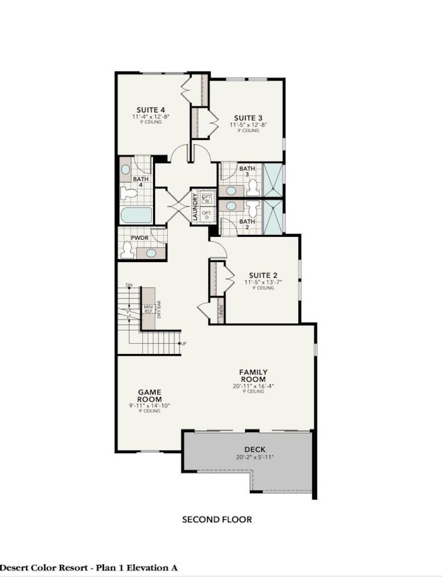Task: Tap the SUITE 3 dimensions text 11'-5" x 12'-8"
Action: click(247, 124)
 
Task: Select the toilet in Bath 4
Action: click(128, 193)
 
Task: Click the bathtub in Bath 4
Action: click(136, 215)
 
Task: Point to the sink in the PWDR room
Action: click(151, 252)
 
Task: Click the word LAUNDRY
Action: click(195, 206)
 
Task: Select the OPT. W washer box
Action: click(207, 198)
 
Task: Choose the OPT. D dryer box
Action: click(207, 215)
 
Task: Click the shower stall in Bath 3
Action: click(274, 179)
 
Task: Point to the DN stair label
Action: click(129, 284)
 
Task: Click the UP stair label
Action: click(183, 344)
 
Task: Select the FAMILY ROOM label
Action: click(253, 376)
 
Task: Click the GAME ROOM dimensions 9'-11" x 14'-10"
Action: click(149, 406)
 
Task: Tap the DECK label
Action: click(255, 450)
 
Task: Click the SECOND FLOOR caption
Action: click(217, 519)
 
